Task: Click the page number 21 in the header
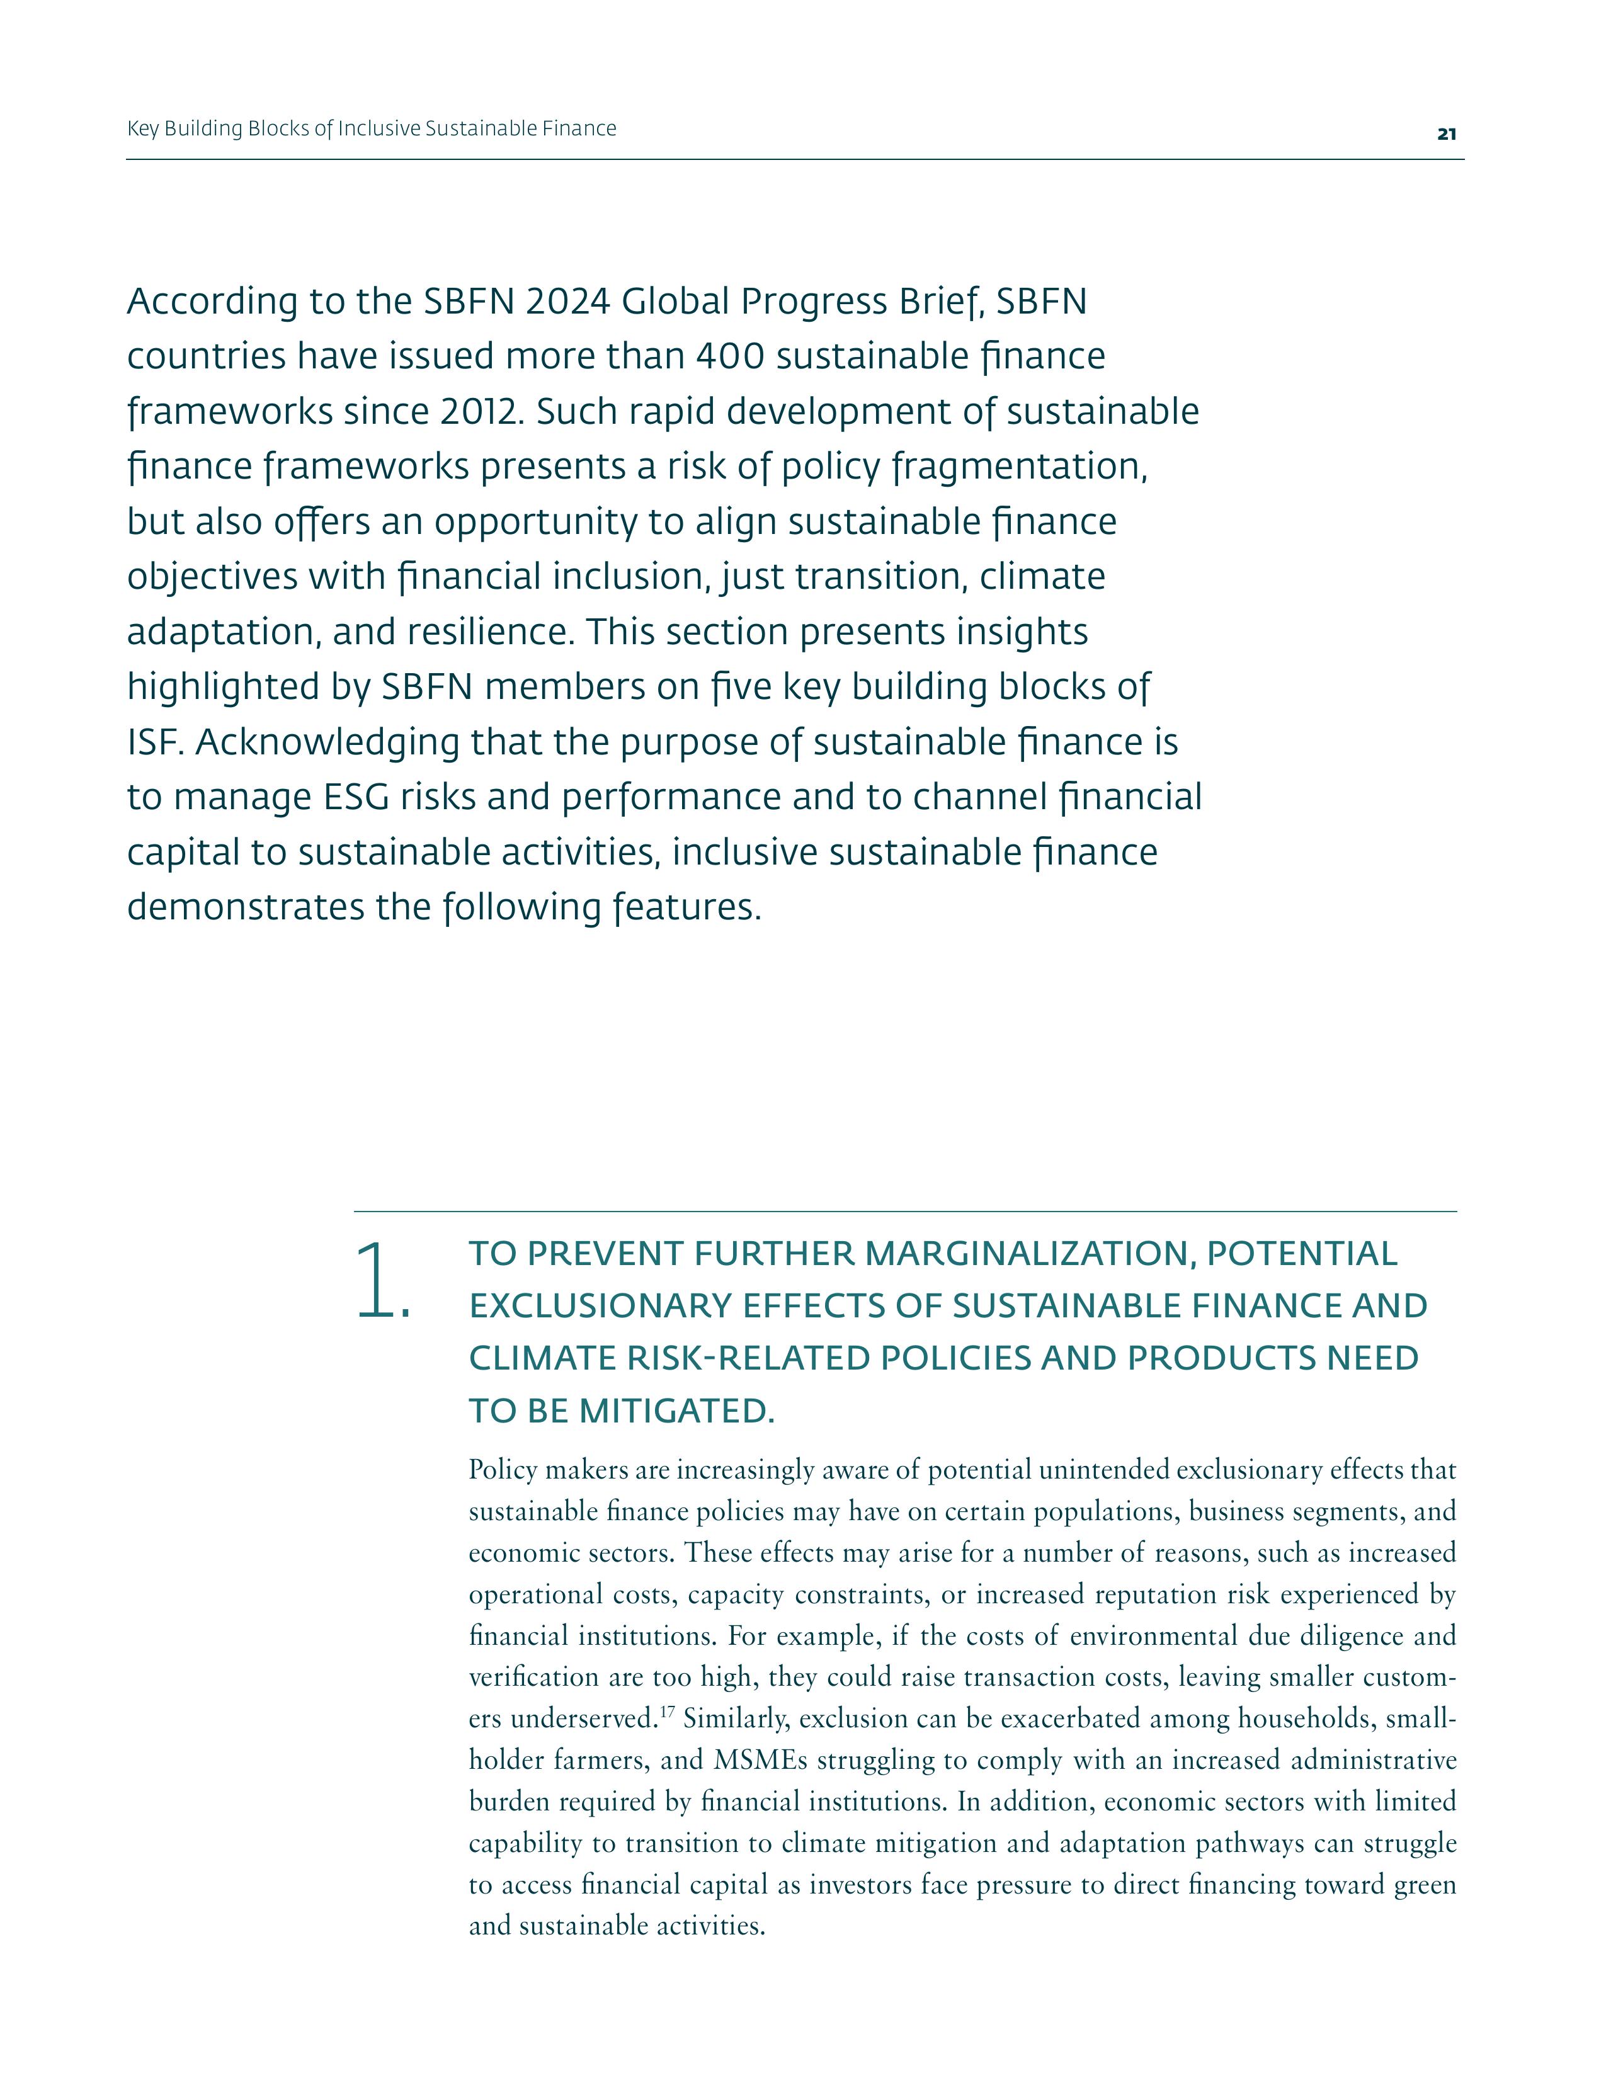(1446, 134)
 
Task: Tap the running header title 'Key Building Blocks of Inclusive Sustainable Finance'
(371, 128)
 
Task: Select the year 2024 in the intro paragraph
(567, 302)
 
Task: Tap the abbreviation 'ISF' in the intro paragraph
(153, 742)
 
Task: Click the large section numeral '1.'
(382, 1281)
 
